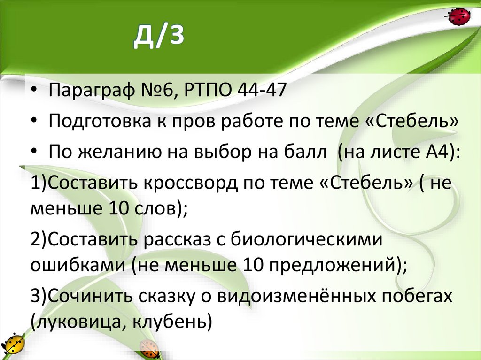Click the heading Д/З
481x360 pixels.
tap(158, 39)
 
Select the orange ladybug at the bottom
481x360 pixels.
tap(150, 349)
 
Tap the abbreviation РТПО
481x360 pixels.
tap(205, 89)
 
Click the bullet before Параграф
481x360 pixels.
tap(36, 90)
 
